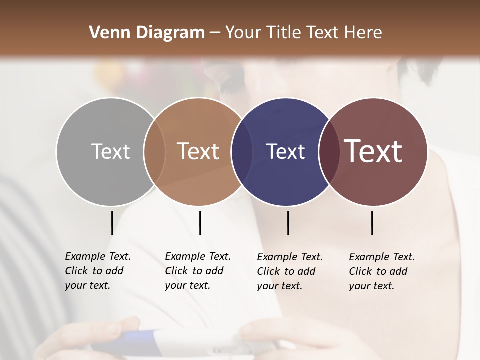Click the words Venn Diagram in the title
click(147, 33)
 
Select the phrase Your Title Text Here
click(303, 33)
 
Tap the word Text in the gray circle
click(110, 151)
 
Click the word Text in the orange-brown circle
click(198, 151)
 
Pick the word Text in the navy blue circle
click(285, 151)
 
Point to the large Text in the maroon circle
click(373, 151)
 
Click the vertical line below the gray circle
click(112, 223)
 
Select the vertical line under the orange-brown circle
click(200, 223)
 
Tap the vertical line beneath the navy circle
click(288, 223)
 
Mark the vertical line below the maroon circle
click(372, 223)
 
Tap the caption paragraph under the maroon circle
click(381, 271)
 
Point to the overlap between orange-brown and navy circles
click(242, 151)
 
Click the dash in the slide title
click(215, 33)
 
